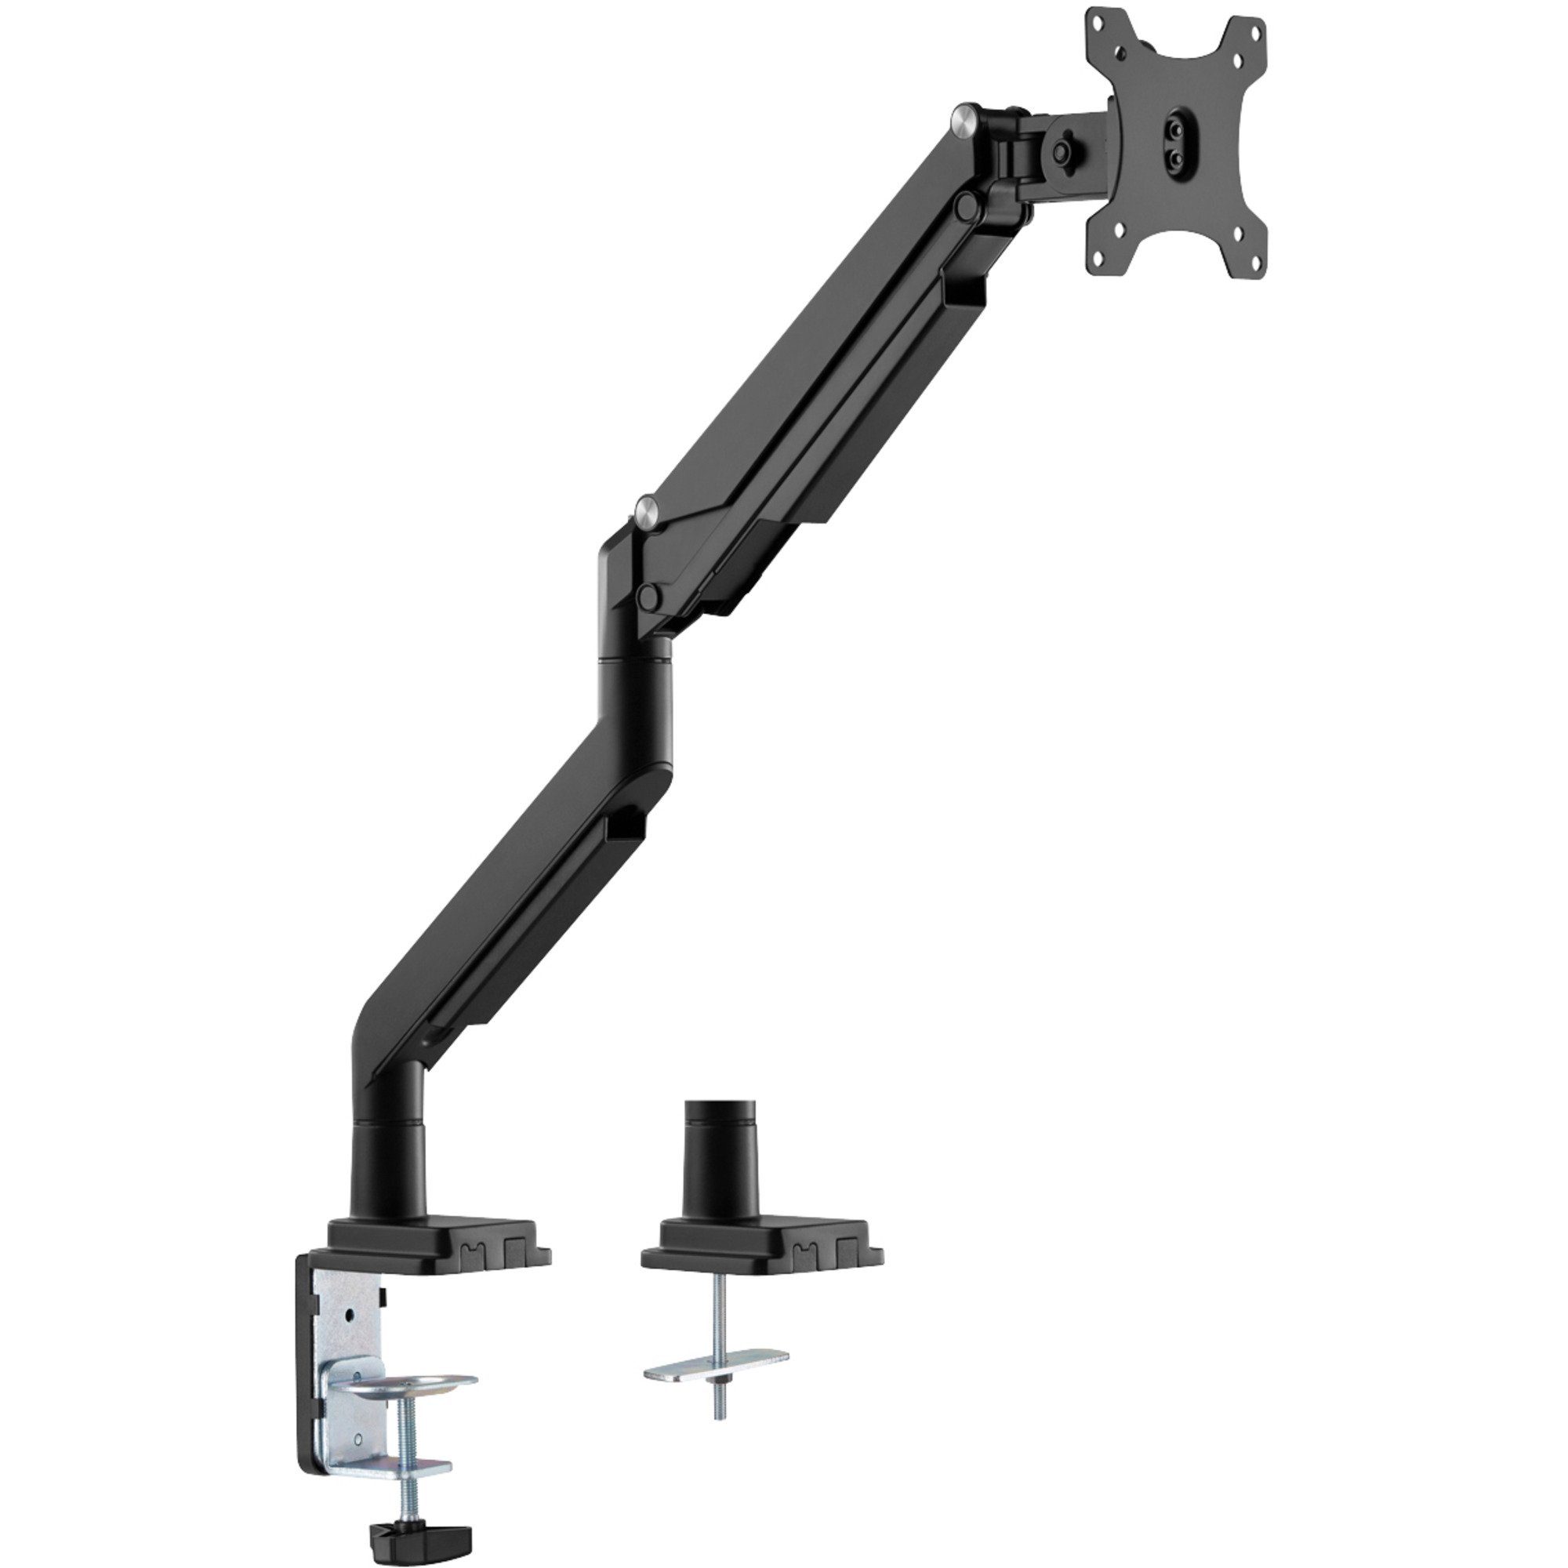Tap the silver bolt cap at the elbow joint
coord(647,512)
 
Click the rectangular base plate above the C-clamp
coord(438,1237)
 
